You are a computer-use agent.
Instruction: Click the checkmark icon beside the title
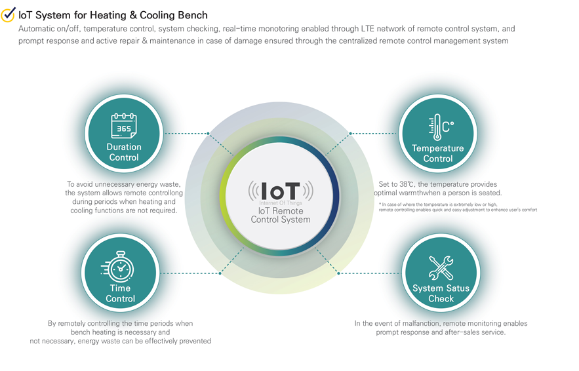click(9, 14)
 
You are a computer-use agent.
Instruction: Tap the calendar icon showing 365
click(123, 126)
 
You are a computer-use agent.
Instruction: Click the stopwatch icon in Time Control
click(119, 266)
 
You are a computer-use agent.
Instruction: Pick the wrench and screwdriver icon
click(441, 267)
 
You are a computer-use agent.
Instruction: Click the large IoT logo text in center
click(281, 191)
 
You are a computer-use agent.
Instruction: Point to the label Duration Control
click(123, 153)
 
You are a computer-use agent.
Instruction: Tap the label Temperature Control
click(438, 153)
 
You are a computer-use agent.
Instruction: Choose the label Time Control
click(120, 294)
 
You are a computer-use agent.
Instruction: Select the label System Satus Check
click(441, 294)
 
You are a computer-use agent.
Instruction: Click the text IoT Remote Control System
click(281, 216)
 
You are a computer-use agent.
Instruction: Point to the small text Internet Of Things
click(281, 204)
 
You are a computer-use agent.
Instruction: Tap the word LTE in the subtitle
click(369, 29)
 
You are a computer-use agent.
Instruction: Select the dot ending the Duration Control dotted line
click(209, 134)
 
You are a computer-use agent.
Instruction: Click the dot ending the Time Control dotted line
click(220, 273)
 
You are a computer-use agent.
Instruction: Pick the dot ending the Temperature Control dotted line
click(351, 134)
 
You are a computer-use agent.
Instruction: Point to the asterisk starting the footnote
click(380, 205)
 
